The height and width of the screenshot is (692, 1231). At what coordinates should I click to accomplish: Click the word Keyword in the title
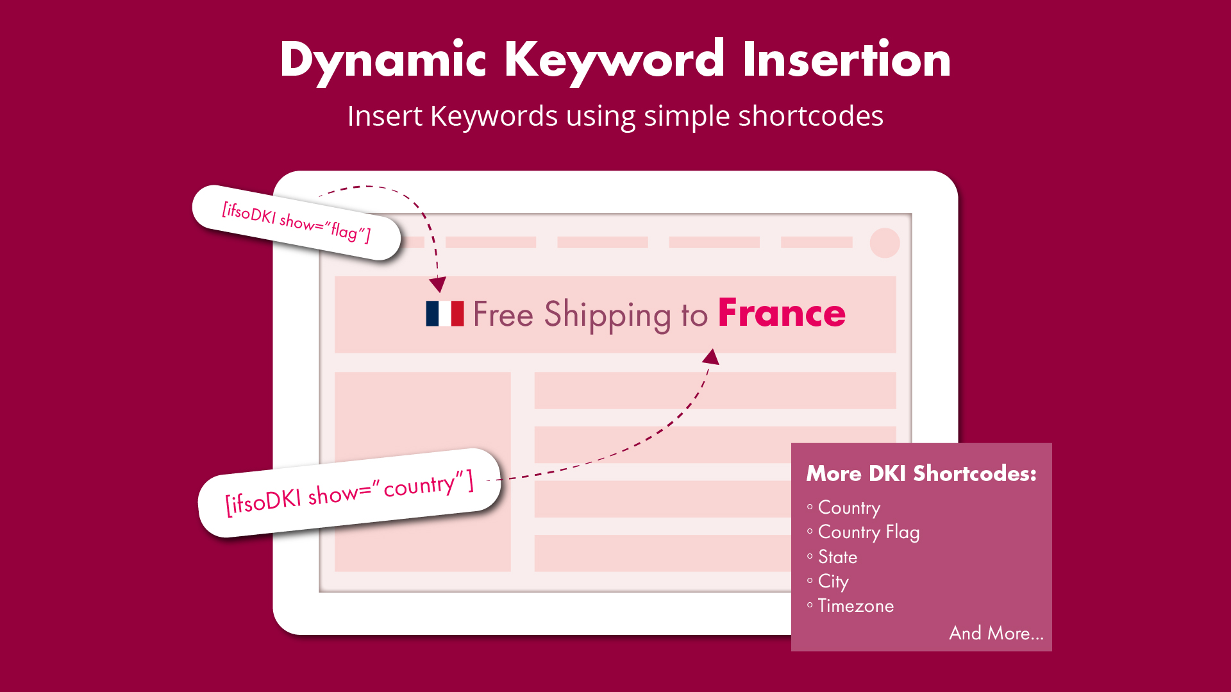coord(614,61)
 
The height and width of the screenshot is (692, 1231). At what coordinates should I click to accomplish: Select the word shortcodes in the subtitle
coord(810,116)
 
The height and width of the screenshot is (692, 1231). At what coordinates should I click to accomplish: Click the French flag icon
coord(445,314)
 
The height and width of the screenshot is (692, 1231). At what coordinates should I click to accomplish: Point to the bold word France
coord(782,313)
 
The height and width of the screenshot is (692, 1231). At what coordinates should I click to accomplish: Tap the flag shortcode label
coord(296,222)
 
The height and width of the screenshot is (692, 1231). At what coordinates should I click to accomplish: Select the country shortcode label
coord(349,493)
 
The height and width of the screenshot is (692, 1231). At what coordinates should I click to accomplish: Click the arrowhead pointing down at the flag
coord(438,284)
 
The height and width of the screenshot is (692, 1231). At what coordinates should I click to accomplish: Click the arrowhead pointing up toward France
coord(711,357)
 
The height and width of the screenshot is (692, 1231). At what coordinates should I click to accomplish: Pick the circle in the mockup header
coord(885,243)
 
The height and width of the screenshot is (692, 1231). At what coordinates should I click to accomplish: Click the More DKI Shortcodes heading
coord(921,473)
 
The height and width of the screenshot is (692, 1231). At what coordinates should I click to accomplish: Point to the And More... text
coord(996,633)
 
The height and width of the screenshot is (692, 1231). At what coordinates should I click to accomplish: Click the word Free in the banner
coord(503,314)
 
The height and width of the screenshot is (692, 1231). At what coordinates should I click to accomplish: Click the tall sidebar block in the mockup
coord(423,472)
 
